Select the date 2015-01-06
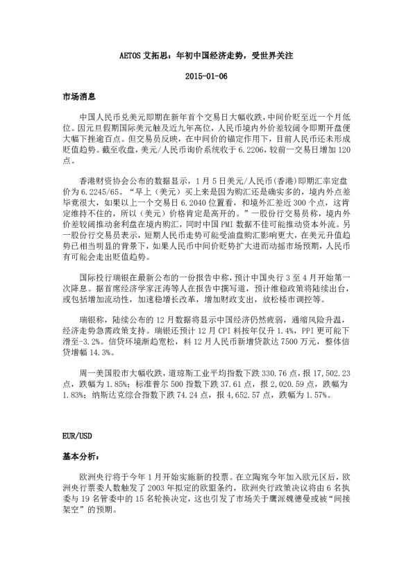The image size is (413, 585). (206, 76)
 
